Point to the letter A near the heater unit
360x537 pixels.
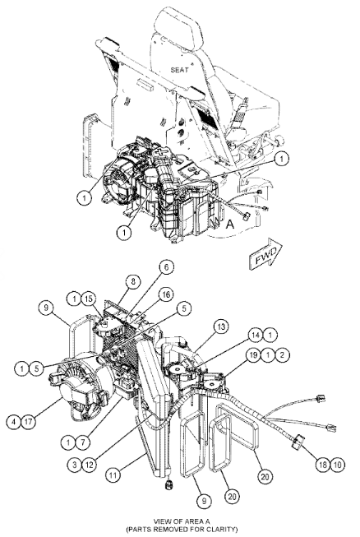pyautogui.click(x=230, y=221)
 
